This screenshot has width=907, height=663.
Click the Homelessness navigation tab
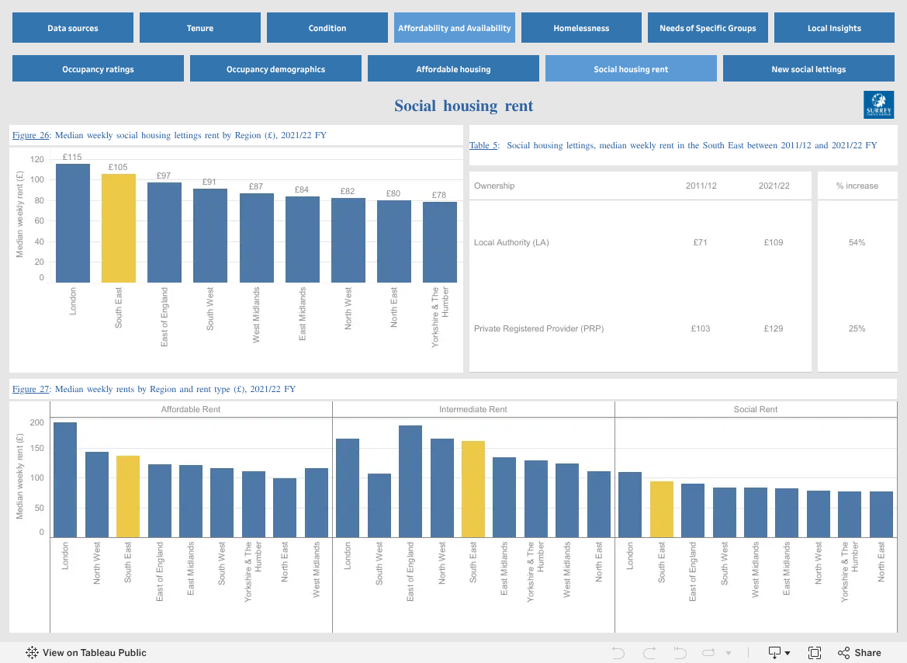[581, 28]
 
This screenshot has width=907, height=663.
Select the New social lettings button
[808, 69]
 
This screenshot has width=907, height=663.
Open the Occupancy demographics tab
[275, 69]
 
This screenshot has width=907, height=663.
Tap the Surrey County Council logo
[878, 105]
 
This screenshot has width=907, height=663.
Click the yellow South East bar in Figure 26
[119, 228]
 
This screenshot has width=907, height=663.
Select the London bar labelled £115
[73, 223]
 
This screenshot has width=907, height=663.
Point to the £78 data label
[439, 195]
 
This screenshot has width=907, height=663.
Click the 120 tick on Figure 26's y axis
[37, 159]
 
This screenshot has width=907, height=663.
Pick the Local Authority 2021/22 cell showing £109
[774, 242]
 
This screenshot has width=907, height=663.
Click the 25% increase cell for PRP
[857, 328]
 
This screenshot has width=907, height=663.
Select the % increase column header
[857, 186]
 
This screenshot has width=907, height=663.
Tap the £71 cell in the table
[701, 242]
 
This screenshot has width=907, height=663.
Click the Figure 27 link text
[31, 389]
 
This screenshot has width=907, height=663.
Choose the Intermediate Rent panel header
[473, 409]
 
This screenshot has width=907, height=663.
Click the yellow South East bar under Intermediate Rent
[473, 489]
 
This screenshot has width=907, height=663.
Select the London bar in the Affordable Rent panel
[65, 480]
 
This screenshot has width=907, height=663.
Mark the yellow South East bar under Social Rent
[662, 509]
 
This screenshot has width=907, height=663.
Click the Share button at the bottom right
[860, 653]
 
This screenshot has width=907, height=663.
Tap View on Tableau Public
[85, 653]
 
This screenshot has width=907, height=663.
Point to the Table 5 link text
[483, 145]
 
